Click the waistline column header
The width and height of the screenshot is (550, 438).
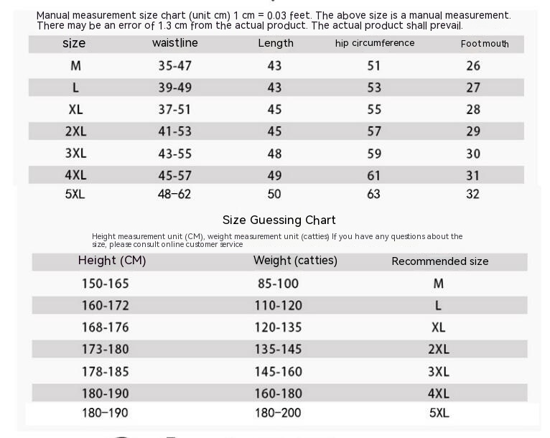(x=174, y=43)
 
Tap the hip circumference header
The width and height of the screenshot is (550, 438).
(x=374, y=43)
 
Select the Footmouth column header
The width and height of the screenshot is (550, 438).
(x=485, y=44)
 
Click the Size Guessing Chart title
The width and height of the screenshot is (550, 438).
(x=279, y=220)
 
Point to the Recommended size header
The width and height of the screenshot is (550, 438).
(x=439, y=261)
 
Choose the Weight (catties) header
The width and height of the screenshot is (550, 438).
(x=295, y=261)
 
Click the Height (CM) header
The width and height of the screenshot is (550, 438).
(x=112, y=261)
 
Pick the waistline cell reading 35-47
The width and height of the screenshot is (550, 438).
(x=175, y=65)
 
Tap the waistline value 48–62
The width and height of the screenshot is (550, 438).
(x=175, y=194)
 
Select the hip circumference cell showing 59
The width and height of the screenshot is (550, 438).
(x=374, y=153)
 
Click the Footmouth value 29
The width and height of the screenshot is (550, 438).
(x=472, y=131)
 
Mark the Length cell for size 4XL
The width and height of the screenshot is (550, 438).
(x=274, y=175)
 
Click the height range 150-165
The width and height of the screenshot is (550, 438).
(x=105, y=284)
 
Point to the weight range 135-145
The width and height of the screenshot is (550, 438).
(x=278, y=350)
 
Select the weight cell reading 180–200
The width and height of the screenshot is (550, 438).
(x=278, y=413)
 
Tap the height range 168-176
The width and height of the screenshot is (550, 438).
(x=105, y=327)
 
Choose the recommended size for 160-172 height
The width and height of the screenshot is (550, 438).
(x=438, y=306)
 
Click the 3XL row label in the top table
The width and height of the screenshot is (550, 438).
(x=75, y=154)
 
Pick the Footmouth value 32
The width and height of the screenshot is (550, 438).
(x=472, y=194)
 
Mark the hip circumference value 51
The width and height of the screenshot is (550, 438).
(x=374, y=65)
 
